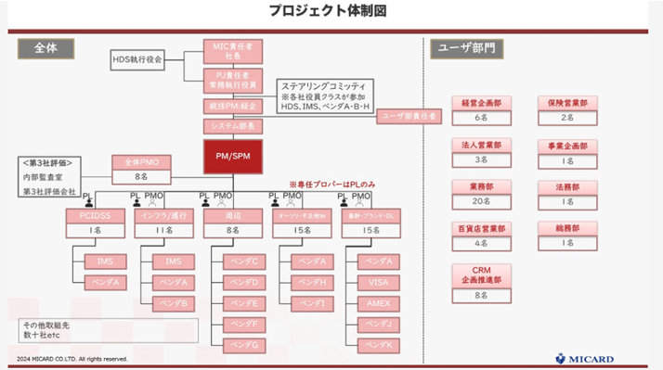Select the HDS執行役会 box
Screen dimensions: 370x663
tap(136, 58)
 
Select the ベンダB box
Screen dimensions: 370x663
tap(173, 303)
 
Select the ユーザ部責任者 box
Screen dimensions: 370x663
tap(409, 116)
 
